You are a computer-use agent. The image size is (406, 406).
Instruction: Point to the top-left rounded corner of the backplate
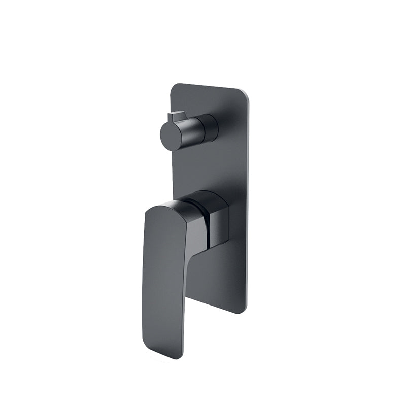click(174, 87)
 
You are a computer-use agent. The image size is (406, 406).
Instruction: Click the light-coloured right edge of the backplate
click(249, 203)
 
